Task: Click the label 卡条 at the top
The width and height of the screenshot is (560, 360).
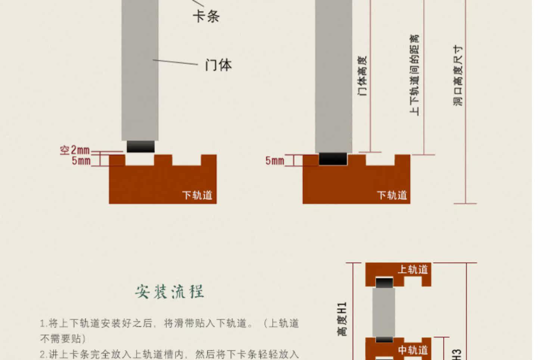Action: (206, 16)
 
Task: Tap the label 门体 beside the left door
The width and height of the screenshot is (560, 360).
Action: (218, 65)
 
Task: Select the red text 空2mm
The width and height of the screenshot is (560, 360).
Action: (75, 150)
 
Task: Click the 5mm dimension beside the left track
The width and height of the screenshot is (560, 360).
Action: (81, 161)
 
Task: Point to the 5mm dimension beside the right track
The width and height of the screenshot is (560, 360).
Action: (274, 161)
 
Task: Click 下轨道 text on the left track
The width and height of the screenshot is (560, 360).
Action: (197, 195)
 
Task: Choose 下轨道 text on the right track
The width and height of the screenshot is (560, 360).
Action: (392, 195)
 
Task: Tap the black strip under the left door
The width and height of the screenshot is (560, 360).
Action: (141, 146)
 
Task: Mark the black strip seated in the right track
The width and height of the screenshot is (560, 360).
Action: (333, 159)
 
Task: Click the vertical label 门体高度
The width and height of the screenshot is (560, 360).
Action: (363, 76)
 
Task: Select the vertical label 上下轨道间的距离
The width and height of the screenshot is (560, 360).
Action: (414, 75)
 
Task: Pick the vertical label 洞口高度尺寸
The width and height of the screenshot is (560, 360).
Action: (458, 75)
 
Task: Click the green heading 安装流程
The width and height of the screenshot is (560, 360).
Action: (169, 292)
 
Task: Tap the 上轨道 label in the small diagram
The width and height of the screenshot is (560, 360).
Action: (413, 269)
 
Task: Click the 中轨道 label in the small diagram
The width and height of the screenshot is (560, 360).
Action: (413, 350)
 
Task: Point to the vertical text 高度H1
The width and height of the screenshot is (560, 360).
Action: (342, 319)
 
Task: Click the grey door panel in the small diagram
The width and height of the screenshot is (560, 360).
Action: (384, 312)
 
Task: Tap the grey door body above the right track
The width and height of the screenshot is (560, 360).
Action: (333, 75)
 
